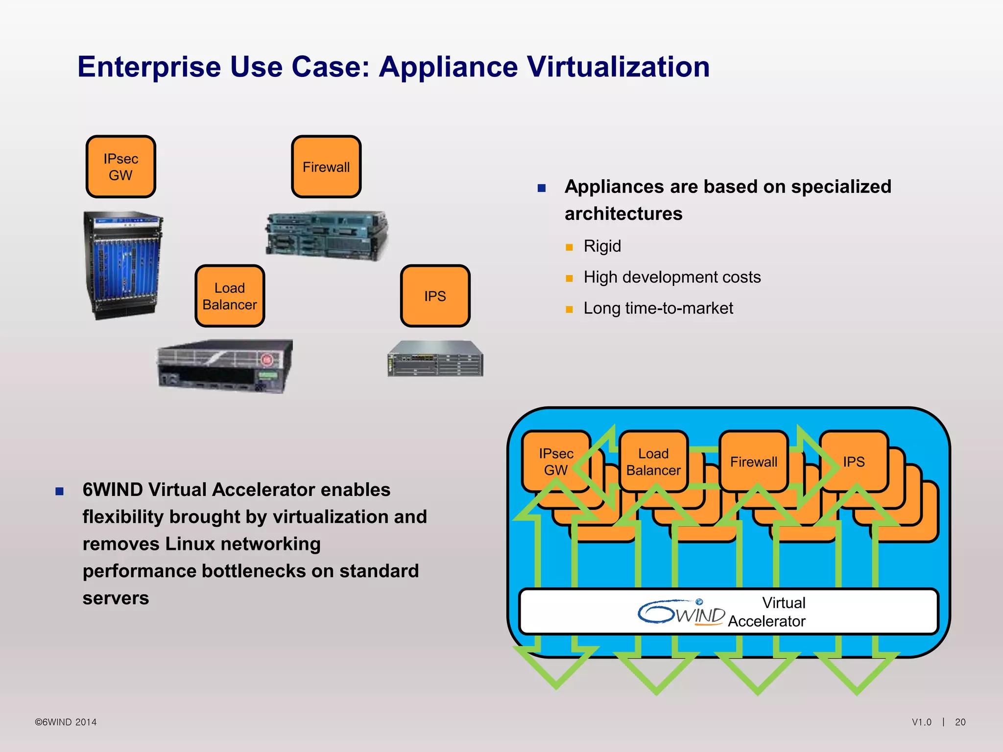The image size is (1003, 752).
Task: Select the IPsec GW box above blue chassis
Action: [120, 167]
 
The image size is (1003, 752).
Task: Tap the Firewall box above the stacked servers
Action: [326, 167]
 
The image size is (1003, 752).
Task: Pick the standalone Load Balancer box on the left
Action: [230, 296]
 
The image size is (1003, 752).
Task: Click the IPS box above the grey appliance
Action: [435, 296]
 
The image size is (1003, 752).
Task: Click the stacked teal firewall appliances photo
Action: [327, 235]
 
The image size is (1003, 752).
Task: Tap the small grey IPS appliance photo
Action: [435, 358]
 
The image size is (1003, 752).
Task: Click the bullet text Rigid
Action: [602, 246]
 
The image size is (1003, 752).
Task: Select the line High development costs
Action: [672, 277]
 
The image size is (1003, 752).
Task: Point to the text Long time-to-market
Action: [658, 308]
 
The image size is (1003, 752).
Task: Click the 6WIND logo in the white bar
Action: [681, 612]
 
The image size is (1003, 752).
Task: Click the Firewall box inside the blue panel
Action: [753, 462]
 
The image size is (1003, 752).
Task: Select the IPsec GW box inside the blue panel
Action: [555, 462]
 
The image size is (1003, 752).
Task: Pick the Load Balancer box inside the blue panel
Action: [653, 462]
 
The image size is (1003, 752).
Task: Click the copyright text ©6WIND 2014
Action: [66, 722]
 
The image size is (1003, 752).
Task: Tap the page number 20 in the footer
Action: [960, 722]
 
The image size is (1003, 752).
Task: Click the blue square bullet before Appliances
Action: [541, 188]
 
